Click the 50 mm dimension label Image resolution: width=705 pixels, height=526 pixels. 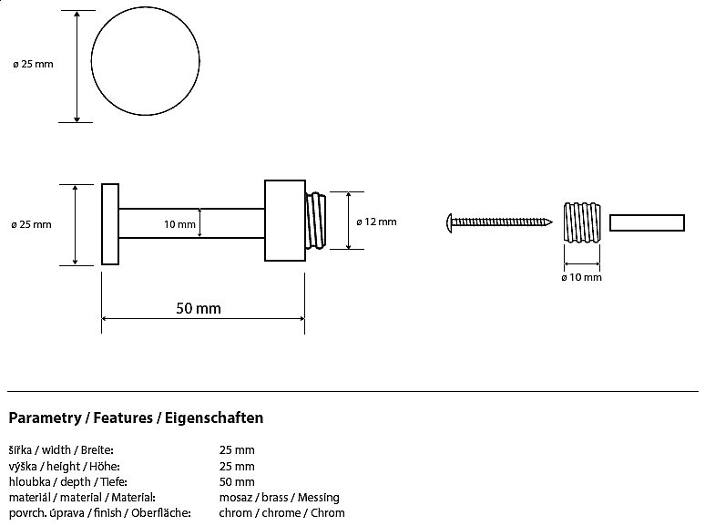point(198,308)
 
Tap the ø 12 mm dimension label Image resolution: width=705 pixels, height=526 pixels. point(376,222)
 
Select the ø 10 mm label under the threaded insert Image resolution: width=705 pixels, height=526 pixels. point(581,277)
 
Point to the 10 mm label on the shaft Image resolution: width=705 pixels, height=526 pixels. point(179,224)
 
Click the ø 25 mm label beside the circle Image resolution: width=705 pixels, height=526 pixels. point(33,65)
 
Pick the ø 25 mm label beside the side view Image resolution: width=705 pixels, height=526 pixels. point(31,224)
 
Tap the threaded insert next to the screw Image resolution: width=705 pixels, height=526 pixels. point(581,222)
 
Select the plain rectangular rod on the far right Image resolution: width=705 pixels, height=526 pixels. point(647,222)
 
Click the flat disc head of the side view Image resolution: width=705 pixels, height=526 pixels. point(109,224)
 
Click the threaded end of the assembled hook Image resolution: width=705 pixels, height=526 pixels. point(316,222)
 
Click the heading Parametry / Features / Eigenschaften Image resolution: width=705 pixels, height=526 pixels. point(136,418)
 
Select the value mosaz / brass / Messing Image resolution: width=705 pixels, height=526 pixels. point(279,497)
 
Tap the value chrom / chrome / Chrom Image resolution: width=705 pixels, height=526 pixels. point(281,512)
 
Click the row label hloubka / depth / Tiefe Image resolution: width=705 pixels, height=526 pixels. point(67,481)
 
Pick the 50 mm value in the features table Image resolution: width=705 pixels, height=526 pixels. point(237,481)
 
